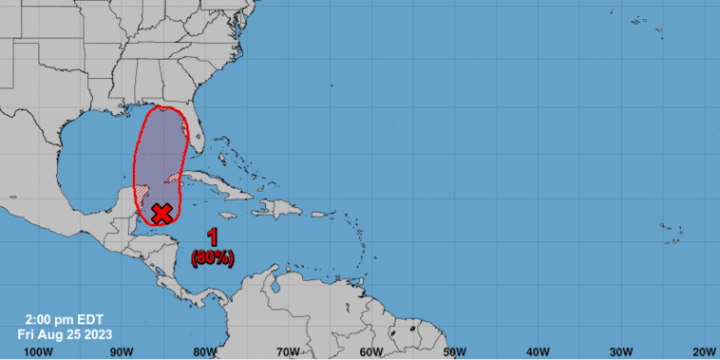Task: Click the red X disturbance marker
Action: coord(162,212)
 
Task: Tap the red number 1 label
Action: coord(213,238)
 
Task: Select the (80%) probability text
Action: coord(213,256)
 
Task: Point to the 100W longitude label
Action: coord(37,351)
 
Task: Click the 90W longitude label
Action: coord(121,351)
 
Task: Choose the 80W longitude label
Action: coord(205,351)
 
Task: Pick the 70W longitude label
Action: coord(288,351)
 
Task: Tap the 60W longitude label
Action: coord(371,351)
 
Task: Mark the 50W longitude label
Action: coord(454,351)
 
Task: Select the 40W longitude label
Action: coord(538,351)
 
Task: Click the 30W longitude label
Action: coord(621,351)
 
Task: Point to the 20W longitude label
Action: coord(703,351)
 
